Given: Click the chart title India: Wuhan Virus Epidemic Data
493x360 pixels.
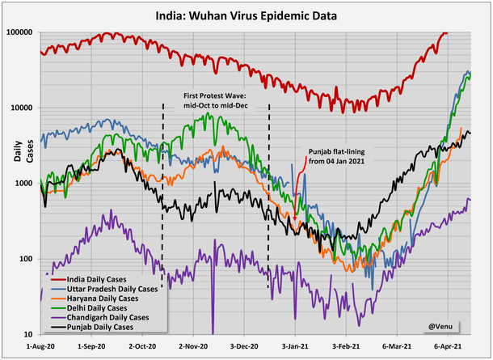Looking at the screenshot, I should point(246,16).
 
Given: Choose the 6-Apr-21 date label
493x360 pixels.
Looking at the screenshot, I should point(449,345).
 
